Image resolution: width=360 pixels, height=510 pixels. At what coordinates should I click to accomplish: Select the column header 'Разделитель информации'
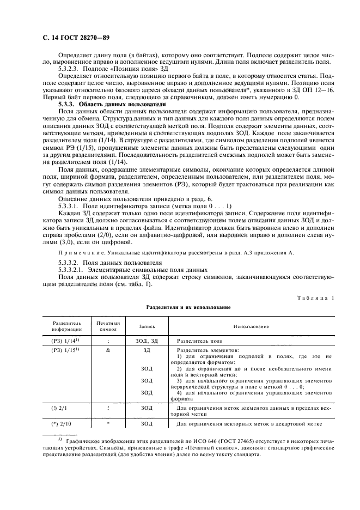tap(66, 326)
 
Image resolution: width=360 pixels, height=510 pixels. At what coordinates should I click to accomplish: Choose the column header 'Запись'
tap(146, 326)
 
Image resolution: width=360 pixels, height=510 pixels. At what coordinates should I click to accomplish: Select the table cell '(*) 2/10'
tap(64, 423)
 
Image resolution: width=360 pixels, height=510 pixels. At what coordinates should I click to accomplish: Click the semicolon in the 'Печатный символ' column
tap(108, 340)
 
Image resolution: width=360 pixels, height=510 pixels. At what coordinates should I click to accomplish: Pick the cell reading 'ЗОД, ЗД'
tap(146, 340)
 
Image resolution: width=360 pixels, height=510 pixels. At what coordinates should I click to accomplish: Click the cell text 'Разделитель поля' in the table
tap(199, 340)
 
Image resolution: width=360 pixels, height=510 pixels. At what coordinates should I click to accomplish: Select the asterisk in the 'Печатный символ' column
tap(108, 423)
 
